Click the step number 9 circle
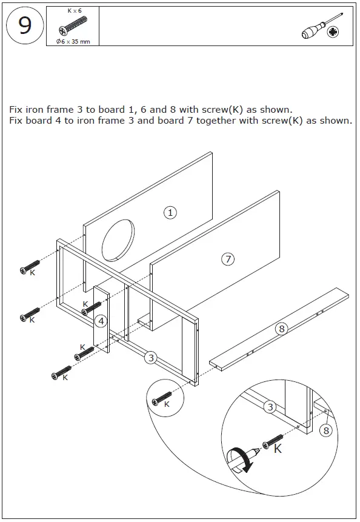coord(25,27)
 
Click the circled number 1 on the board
coord(171,212)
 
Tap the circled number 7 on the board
coord(227,259)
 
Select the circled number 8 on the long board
coord(281,329)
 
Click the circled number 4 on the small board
coord(101,321)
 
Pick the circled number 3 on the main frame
coord(150,358)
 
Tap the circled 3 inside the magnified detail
coord(270,407)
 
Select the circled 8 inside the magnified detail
coord(326,430)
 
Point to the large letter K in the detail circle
coord(278,449)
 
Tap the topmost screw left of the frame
coord(30,267)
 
